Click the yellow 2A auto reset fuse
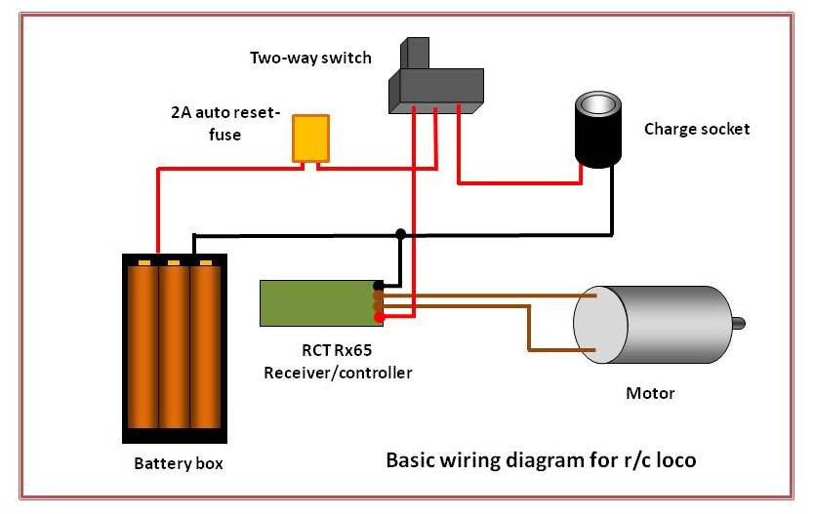[311, 138]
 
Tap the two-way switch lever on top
[416, 55]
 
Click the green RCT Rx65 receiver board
[316, 302]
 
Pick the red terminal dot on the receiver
[379, 316]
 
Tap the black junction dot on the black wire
[400, 234]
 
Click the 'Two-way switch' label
[310, 58]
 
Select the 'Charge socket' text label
[697, 129]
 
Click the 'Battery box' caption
[178, 463]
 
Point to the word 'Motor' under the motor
[649, 394]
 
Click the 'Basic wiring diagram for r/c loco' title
[541, 458]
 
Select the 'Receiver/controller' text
[338, 373]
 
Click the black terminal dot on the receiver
[379, 286]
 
